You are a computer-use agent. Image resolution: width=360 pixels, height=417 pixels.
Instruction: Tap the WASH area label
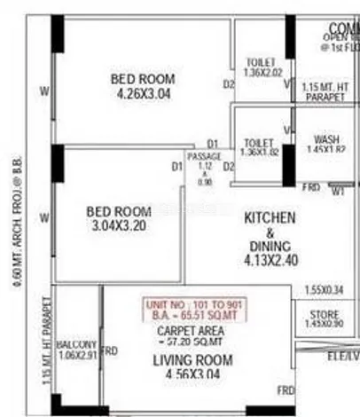[325, 139]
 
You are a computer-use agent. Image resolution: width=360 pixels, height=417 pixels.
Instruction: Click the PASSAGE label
[204, 157]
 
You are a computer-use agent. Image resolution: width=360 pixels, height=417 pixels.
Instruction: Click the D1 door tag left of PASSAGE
[176, 166]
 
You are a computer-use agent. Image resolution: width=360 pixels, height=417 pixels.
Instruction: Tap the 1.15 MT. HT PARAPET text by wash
[325, 91]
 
